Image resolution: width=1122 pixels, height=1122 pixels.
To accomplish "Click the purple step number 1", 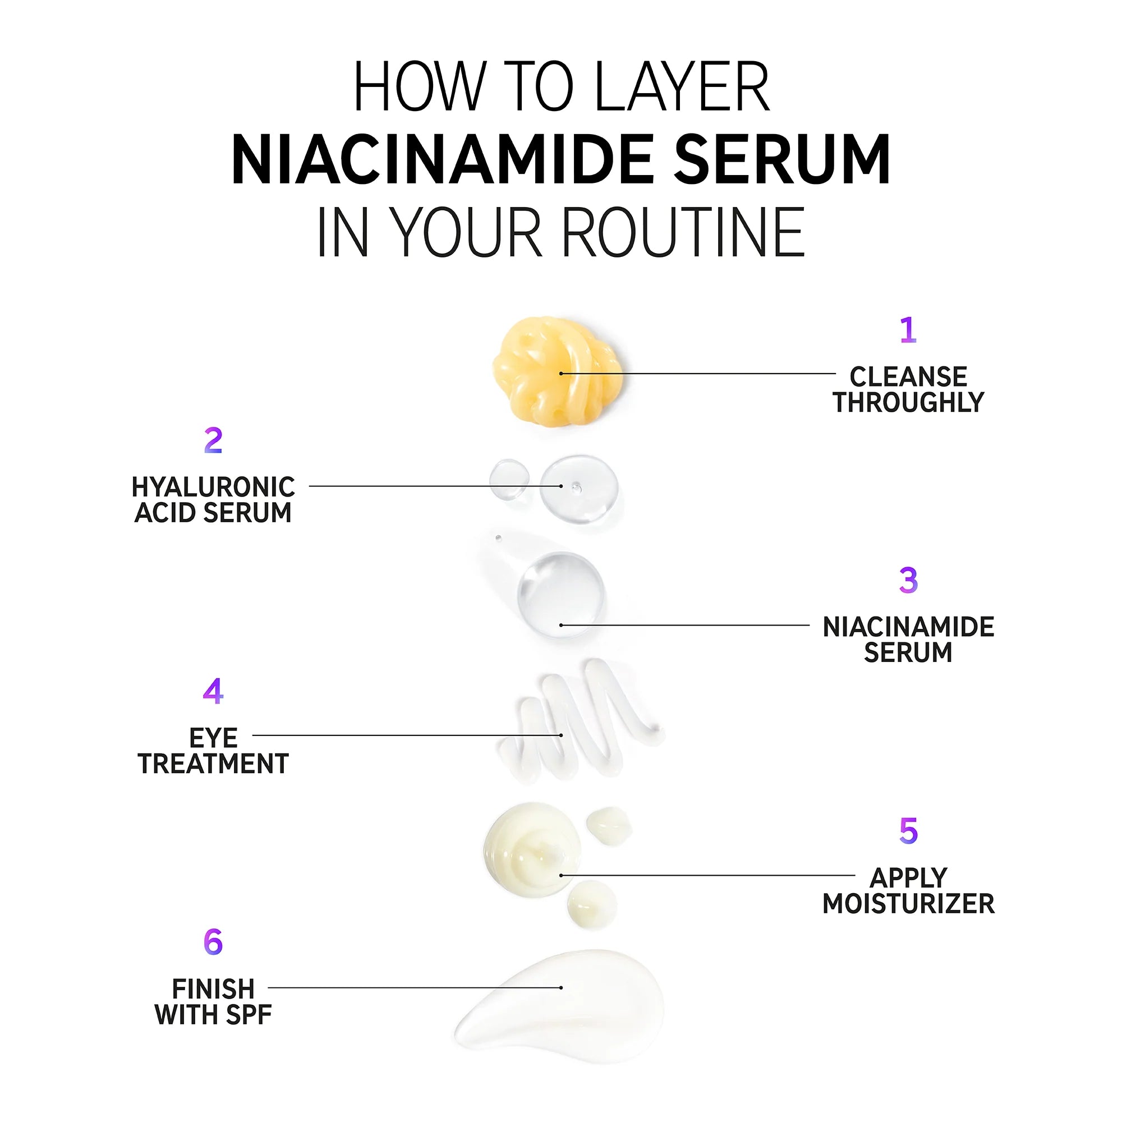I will (908, 330).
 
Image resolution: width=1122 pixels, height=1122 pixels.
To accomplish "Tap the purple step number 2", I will (213, 441).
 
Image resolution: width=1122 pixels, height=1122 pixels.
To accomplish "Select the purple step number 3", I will (908, 580).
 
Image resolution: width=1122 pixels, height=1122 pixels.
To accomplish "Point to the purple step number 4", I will (213, 691).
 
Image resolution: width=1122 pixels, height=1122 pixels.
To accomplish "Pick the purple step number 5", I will (908, 831).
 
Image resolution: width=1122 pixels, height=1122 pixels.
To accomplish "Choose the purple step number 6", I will (213, 942).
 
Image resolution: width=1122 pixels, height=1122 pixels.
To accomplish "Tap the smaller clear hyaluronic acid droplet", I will (509, 480).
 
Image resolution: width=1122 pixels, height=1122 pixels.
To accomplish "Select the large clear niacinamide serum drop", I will (560, 595).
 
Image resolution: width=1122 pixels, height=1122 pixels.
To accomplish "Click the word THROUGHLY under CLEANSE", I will (908, 402).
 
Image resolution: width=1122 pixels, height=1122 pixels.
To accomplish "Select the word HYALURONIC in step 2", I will (213, 486).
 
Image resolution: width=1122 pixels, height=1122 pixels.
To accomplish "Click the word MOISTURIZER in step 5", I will (908, 904).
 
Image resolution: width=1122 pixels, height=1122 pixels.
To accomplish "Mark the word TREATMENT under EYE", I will (213, 764).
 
